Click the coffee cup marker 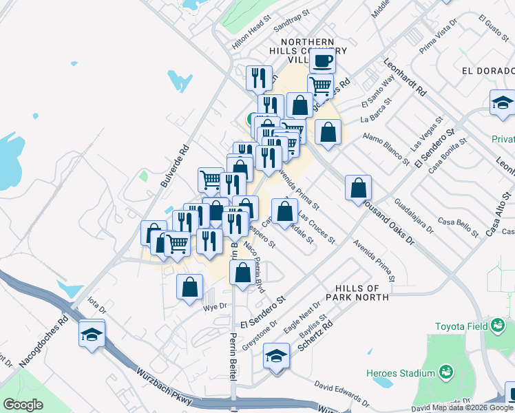pos(322,61)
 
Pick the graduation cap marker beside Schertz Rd pos(276,357)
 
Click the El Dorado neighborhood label pos(488,71)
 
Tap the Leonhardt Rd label pos(406,76)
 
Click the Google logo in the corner pos(23,404)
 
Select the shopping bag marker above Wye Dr pos(189,287)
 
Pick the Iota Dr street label pos(96,304)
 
